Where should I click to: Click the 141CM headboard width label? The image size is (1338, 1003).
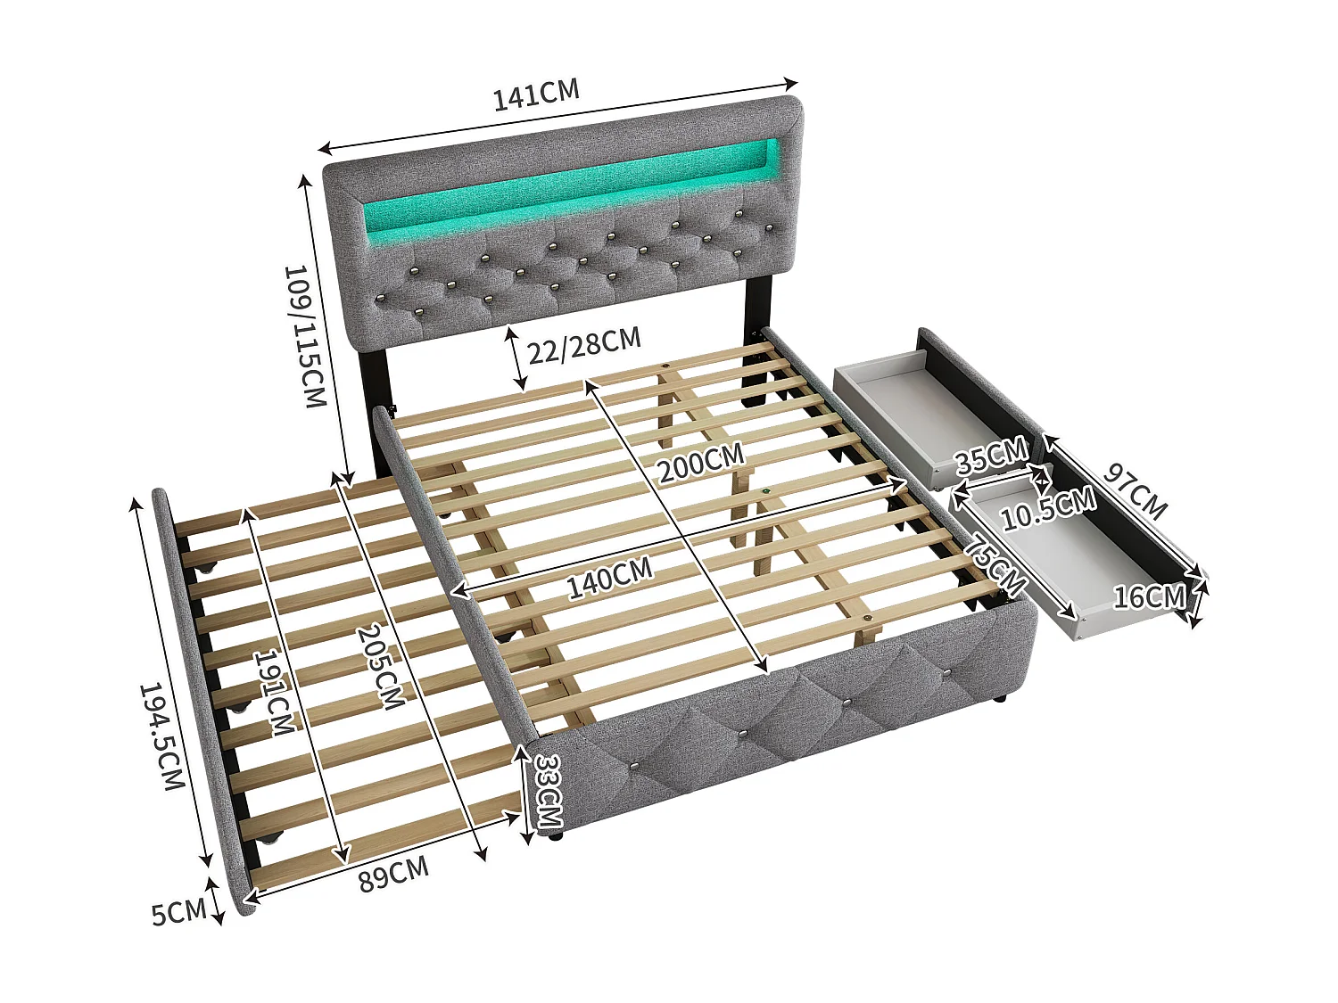[x=536, y=94]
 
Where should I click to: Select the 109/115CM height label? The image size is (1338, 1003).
[x=303, y=335]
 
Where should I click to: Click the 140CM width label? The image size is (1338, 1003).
[x=610, y=577]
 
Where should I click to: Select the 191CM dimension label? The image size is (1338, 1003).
[x=273, y=691]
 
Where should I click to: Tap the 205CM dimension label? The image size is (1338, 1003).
[x=379, y=665]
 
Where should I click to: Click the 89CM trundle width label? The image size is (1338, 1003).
[x=393, y=873]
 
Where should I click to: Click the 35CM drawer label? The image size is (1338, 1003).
[x=990, y=458]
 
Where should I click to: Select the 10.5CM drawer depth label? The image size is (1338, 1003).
[x=1047, y=510]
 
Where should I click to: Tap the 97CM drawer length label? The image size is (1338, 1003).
[x=1135, y=491]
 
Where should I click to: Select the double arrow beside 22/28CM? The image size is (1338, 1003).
[x=514, y=358]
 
